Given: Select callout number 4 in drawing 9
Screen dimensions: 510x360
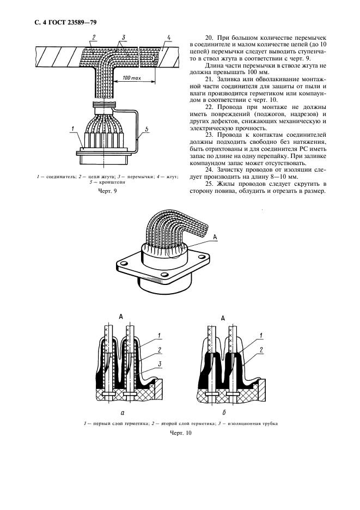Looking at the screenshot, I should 169,38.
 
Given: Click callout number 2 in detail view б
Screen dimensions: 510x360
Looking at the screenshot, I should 262,349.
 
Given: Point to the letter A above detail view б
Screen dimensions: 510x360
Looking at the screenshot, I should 223,318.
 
